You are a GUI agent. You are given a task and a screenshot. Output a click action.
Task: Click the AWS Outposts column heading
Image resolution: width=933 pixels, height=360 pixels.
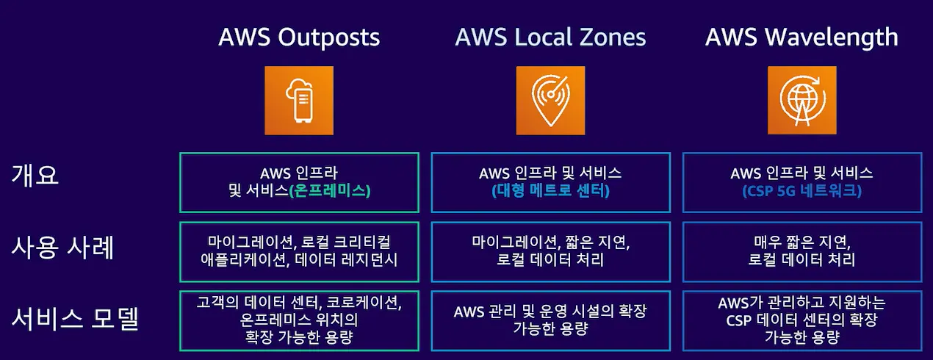(299, 37)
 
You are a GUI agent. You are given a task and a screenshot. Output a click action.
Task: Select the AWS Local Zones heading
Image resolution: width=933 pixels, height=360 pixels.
(550, 37)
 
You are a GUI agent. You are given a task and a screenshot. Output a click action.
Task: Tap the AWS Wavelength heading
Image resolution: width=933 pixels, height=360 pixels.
(801, 37)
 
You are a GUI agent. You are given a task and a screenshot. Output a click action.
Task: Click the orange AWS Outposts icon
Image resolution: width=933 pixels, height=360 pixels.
(299, 100)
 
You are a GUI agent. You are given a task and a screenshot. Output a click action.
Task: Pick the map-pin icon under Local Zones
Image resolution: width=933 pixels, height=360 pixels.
(550, 100)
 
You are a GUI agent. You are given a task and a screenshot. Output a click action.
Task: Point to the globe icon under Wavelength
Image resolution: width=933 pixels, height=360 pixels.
(801, 100)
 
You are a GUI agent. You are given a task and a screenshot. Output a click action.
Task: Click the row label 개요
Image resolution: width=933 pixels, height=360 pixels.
(35, 175)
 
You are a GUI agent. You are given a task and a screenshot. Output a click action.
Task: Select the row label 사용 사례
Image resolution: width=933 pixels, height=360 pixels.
(63, 248)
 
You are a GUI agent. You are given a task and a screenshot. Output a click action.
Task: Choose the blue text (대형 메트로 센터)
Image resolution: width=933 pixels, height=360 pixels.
(550, 192)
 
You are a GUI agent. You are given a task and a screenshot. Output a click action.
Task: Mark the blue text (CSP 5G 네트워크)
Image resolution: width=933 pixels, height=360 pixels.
(801, 192)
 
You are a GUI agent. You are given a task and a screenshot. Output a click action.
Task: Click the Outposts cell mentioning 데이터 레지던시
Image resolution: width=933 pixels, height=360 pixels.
(299, 251)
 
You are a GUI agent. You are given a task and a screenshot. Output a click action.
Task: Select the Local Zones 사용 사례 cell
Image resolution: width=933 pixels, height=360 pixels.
(550, 251)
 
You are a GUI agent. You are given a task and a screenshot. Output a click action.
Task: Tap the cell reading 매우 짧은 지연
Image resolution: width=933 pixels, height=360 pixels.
(801, 251)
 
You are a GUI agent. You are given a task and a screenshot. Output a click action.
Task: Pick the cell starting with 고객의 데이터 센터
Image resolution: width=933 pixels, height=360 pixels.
(299, 320)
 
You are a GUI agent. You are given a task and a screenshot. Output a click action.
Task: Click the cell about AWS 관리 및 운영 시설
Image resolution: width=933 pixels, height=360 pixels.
(550, 320)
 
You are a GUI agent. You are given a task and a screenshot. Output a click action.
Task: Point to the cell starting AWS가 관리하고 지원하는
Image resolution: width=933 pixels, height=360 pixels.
(801, 320)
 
